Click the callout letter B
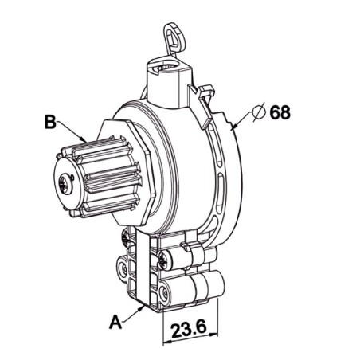pyautogui.click(x=49, y=123)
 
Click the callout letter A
pyautogui.click(x=116, y=322)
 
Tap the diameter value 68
pyautogui.click(x=280, y=112)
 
